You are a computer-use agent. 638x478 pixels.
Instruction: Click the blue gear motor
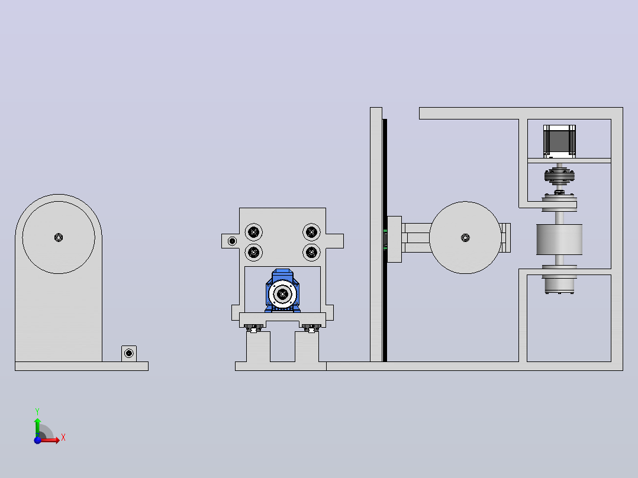click(282, 291)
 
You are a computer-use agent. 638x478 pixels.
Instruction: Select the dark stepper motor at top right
click(559, 141)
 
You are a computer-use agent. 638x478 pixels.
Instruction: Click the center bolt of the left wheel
click(59, 238)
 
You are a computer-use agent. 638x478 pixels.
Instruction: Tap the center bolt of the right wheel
click(465, 238)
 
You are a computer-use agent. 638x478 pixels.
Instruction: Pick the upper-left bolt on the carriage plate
click(253, 232)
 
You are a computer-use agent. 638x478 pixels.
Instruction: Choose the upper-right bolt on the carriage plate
click(311, 232)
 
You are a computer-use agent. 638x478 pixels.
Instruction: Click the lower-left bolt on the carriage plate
click(253, 252)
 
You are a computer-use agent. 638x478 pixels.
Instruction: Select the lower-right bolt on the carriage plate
click(311, 252)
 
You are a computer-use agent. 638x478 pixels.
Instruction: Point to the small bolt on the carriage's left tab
click(233, 241)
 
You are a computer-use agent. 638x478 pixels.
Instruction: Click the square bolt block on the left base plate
click(129, 354)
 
